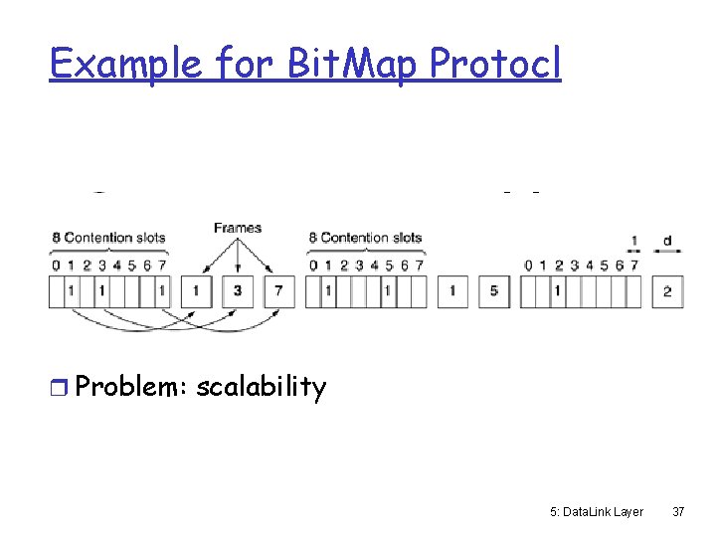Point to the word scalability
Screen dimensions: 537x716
(262, 387)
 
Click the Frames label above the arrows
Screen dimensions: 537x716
(238, 228)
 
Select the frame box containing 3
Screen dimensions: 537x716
(238, 291)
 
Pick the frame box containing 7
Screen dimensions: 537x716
(279, 291)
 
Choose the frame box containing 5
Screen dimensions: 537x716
(494, 291)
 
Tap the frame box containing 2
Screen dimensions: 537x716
(667, 291)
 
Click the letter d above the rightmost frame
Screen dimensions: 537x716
(666, 240)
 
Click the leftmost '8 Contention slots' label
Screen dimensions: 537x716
(108, 238)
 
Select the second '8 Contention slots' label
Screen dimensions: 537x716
(365, 238)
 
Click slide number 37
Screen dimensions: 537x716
(678, 511)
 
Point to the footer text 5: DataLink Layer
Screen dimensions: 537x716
(596, 511)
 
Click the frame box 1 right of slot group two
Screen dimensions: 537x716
(452, 291)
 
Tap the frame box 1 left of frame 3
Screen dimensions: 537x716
(196, 291)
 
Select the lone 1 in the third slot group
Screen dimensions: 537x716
(558, 291)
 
